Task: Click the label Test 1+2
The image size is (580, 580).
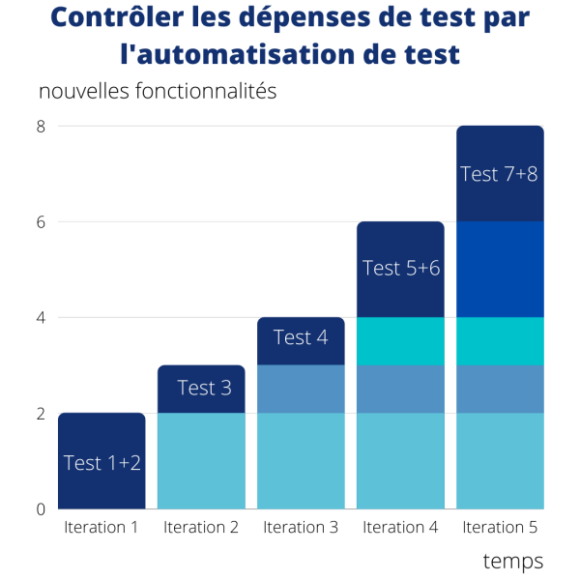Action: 102,463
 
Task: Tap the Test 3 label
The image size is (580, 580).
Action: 204,388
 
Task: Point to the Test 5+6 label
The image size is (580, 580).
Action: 401,268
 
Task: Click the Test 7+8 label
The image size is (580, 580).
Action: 499,174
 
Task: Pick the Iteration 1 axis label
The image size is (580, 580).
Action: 101,527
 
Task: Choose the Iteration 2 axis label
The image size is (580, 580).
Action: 201,527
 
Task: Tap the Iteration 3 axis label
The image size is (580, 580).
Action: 301,527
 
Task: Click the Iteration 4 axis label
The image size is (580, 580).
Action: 400,527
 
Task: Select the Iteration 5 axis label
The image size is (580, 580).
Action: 500,527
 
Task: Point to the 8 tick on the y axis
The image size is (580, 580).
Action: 42,126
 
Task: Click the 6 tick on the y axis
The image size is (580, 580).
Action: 42,221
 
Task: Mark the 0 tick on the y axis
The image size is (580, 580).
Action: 42,508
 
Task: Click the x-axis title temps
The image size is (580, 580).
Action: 512,561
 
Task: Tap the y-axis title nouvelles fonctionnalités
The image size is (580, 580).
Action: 158,92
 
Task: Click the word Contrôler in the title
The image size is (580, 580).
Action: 107,18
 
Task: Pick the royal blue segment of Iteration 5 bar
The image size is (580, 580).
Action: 500,269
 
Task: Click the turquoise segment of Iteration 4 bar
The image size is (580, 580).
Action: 400,340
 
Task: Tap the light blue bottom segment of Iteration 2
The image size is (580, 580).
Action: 201,460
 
